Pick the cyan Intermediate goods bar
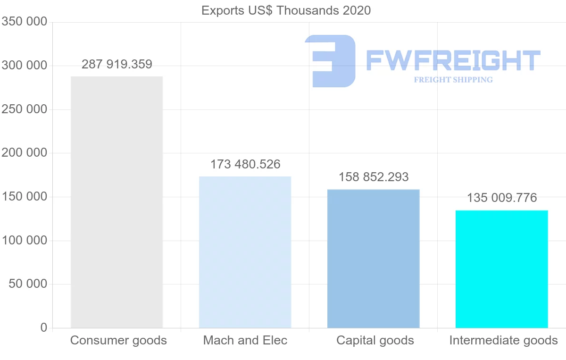click(x=501, y=269)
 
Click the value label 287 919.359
click(x=117, y=64)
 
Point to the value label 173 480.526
click(x=245, y=164)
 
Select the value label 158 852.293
click(x=374, y=177)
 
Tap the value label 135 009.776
click(x=502, y=198)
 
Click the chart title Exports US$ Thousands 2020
click(x=286, y=10)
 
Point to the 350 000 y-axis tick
click(x=25, y=22)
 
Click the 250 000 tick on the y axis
click(x=25, y=109)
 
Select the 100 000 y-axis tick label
click(x=25, y=240)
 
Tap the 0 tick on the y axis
click(x=44, y=327)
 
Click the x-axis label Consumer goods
click(x=118, y=340)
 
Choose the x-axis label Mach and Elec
click(x=245, y=340)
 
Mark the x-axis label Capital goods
click(x=375, y=340)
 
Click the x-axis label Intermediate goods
click(x=503, y=340)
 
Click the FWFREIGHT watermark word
click(x=453, y=60)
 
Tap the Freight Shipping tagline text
click(x=453, y=80)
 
